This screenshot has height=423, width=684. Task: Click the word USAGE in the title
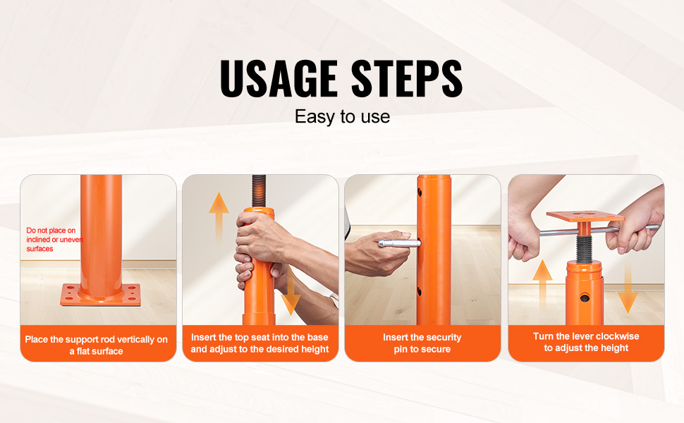(279, 78)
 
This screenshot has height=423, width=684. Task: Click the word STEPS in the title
(407, 78)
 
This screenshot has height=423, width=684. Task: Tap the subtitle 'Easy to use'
(343, 116)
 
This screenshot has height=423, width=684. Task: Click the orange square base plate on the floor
(101, 295)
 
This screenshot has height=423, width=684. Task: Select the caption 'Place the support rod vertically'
(96, 345)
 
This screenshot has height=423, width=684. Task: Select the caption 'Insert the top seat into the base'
(259, 343)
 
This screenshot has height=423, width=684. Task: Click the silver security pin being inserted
(398, 243)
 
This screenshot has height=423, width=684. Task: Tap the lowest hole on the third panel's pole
(419, 291)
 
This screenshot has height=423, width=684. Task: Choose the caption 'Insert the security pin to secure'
(422, 343)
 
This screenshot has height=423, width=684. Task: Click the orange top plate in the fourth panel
(585, 216)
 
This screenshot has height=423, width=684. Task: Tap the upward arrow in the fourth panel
(542, 286)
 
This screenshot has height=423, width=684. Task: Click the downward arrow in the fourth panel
(628, 286)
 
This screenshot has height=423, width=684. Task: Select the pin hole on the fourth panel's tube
(585, 298)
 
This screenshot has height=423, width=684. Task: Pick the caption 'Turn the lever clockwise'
(586, 342)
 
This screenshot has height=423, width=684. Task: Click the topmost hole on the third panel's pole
(419, 192)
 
